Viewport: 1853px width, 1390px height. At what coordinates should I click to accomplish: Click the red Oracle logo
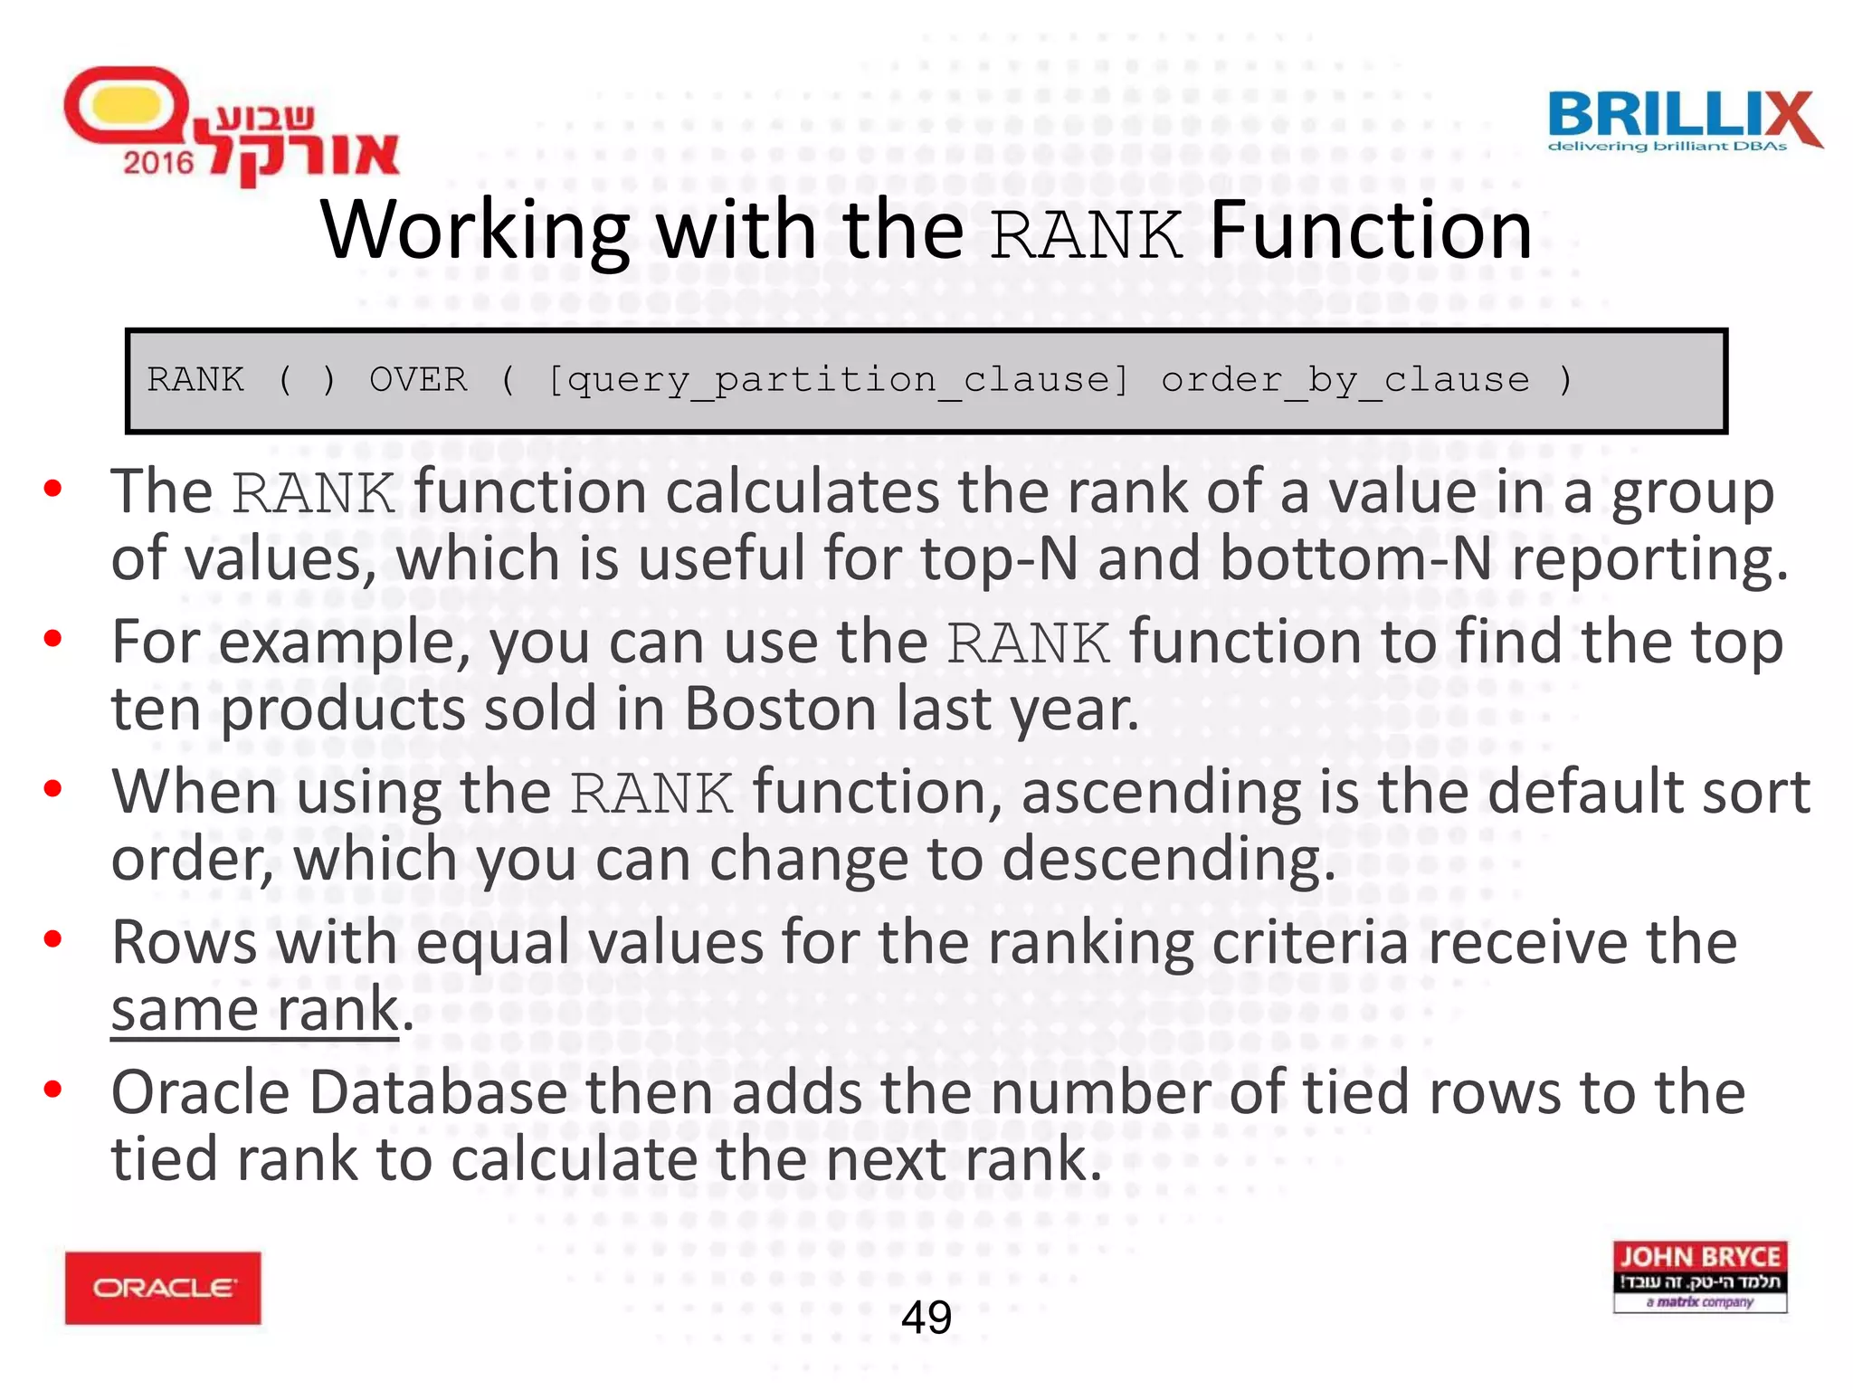click(x=163, y=1287)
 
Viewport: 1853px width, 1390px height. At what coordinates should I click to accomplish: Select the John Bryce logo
click(x=1699, y=1276)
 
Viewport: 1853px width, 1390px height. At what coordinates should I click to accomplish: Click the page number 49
click(x=926, y=1317)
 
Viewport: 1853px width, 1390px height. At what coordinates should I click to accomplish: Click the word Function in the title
click(x=1371, y=231)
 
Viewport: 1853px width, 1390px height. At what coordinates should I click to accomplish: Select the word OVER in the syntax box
click(x=418, y=379)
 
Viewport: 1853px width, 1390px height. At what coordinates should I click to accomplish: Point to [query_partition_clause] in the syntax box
click(x=838, y=381)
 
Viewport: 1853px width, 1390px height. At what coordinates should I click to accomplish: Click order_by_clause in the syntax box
click(x=1345, y=381)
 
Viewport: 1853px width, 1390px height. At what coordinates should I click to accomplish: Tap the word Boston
click(x=780, y=708)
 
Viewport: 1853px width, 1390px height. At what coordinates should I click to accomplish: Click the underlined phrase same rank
click(x=255, y=1010)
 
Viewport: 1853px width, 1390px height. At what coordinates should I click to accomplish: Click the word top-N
click(x=999, y=558)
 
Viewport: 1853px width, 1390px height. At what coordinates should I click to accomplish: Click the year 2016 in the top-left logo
click(x=158, y=163)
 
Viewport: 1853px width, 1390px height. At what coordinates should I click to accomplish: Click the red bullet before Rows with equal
click(x=53, y=939)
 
